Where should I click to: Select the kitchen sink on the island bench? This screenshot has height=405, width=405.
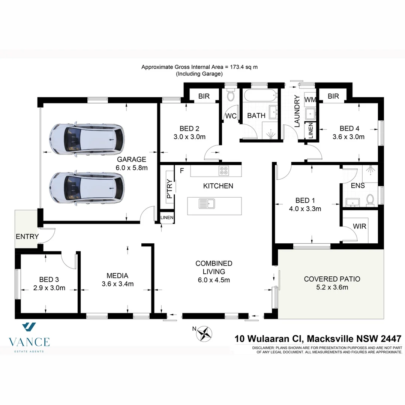[206, 204]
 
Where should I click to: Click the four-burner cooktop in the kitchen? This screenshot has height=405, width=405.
[224, 171]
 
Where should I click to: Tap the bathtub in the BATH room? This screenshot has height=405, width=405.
[260, 96]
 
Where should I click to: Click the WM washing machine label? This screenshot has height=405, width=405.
[310, 99]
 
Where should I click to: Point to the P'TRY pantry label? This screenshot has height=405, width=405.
[169, 189]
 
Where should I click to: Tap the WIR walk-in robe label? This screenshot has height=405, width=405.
[360, 226]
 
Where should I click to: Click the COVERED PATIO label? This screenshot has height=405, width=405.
[332, 279]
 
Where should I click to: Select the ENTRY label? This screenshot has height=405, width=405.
[27, 237]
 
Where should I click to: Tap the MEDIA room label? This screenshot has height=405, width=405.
[117, 276]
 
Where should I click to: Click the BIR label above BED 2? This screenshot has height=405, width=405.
[204, 96]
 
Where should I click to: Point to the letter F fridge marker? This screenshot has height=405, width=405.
[182, 171]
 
